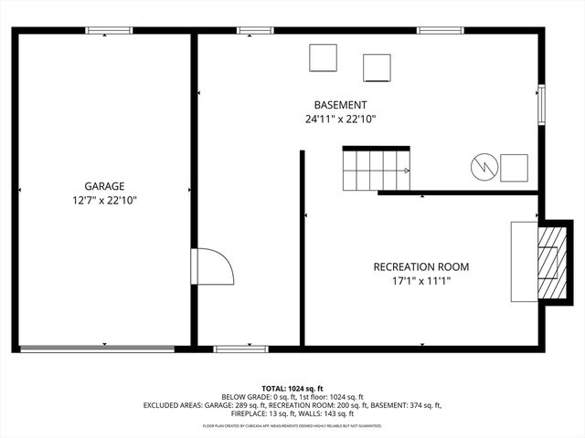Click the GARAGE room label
point(104,185)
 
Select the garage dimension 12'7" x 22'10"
point(104,200)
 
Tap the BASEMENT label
point(341,105)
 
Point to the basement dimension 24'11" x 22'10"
point(341,120)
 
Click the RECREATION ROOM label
point(420,267)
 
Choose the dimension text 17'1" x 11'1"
point(420,282)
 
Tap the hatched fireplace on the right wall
point(548,262)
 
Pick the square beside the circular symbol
point(514,168)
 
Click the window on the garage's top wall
point(109,31)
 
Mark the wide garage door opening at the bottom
point(97,348)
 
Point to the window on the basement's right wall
point(541,103)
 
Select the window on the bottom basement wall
point(240,348)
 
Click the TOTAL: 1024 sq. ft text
point(292,388)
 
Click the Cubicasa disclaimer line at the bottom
point(292,426)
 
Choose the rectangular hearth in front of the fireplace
point(524,261)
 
